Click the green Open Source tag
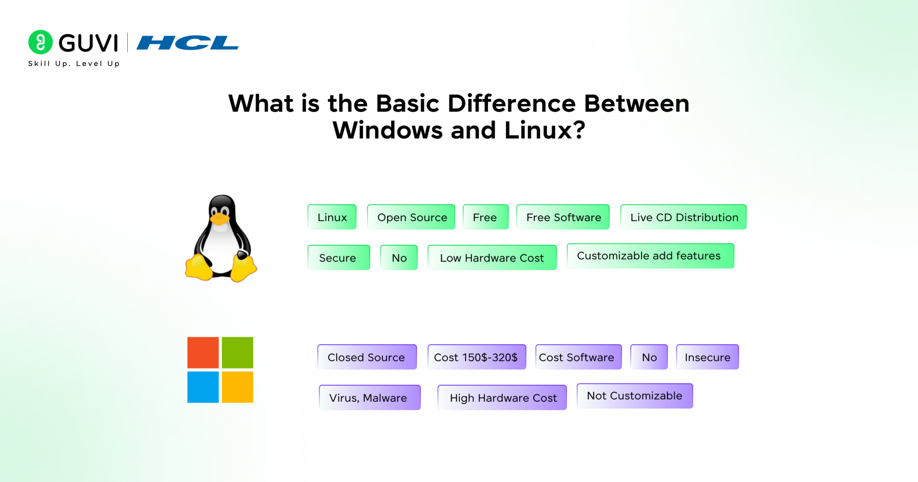click(411, 217)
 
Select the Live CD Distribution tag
click(683, 217)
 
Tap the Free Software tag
click(563, 217)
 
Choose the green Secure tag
click(338, 257)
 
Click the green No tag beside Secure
click(399, 257)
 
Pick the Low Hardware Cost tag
click(492, 257)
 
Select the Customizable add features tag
click(650, 256)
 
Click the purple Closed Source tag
click(367, 357)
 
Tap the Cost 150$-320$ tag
click(476, 357)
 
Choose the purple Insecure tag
click(707, 357)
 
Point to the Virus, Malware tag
click(369, 397)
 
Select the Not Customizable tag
click(635, 396)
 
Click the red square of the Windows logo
click(203, 352)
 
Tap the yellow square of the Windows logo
click(238, 387)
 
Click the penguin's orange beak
click(220, 219)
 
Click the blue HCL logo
click(187, 43)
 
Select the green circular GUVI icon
click(40, 42)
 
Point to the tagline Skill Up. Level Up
click(74, 64)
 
